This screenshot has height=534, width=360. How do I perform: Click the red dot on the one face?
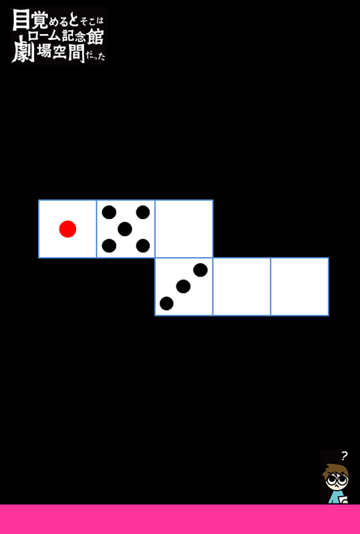click(x=67, y=229)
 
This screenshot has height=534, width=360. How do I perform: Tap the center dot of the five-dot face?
click(x=125, y=229)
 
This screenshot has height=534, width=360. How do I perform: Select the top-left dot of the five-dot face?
click(x=109, y=212)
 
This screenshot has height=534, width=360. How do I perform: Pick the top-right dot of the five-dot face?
click(x=143, y=212)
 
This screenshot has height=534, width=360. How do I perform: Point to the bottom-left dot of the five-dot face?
click(x=109, y=246)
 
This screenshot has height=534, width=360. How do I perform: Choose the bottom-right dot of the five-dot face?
click(x=143, y=246)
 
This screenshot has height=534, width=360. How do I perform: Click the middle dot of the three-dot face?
click(x=184, y=286)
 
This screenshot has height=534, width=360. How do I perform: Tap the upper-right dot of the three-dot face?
click(x=200, y=270)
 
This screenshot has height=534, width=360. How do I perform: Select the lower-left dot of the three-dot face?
click(x=167, y=304)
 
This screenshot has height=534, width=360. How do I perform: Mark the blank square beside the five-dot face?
click(x=184, y=229)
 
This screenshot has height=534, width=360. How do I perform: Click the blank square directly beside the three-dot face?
click(x=242, y=287)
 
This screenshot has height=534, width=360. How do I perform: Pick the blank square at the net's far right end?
click(x=300, y=287)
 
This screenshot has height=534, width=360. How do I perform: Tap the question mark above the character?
click(x=345, y=455)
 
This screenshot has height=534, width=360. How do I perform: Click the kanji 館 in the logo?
click(x=95, y=37)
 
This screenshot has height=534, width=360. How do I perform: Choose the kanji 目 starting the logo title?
click(x=20, y=20)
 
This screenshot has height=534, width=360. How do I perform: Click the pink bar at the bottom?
click(x=180, y=519)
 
